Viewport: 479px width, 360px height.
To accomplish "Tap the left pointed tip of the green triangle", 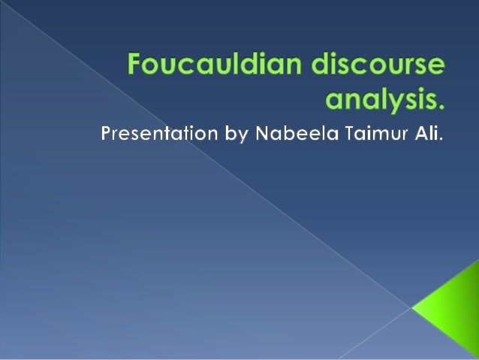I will pyautogui.click(x=412, y=307).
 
